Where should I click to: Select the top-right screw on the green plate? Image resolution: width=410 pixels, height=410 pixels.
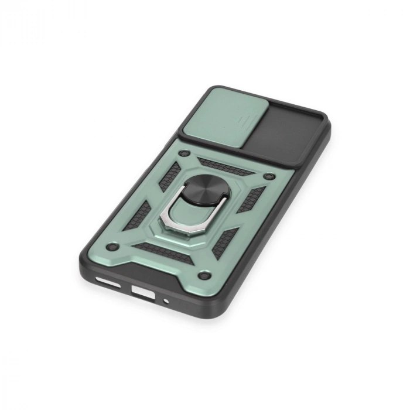coord(268,176)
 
